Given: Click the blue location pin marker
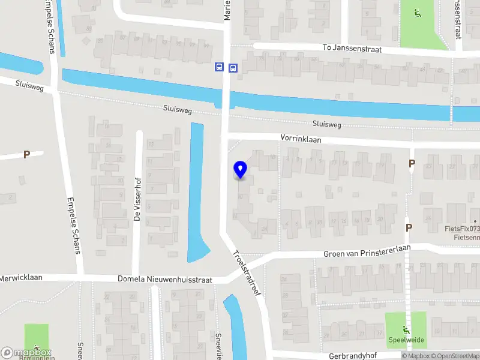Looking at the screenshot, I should [x=241, y=170].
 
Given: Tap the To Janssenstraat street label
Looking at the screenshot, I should [x=352, y=48].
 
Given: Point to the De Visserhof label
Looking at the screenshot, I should [x=137, y=203].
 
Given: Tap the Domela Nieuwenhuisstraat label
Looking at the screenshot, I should [x=169, y=280].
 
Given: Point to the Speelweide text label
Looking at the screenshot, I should [x=406, y=340].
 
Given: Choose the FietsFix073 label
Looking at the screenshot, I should [x=462, y=229].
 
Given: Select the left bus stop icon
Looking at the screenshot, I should [x=219, y=68].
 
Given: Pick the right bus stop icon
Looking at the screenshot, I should [x=233, y=68].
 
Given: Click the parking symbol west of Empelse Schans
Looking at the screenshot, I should [x=26, y=155].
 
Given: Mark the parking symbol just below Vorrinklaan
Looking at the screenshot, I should [x=412, y=163].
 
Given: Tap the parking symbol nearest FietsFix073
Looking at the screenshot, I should [x=409, y=227].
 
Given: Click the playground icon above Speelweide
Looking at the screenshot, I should [x=406, y=328].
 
